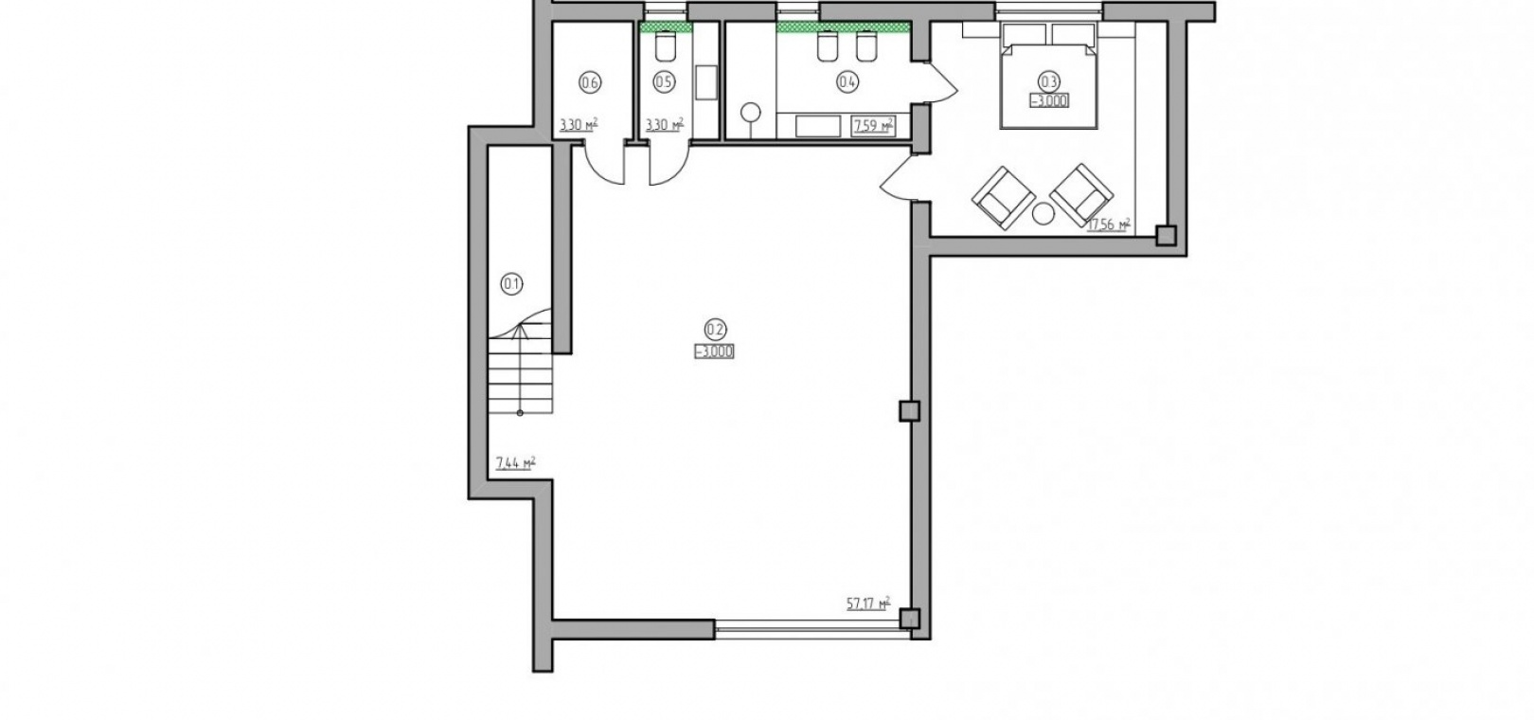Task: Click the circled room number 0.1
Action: [512, 283]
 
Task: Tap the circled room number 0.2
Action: [714, 330]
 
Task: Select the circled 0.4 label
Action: [847, 82]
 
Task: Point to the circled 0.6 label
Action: [590, 82]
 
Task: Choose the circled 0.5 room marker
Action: [664, 82]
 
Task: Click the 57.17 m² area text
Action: [868, 603]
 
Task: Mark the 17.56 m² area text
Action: [1108, 224]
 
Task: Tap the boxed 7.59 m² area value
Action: [872, 126]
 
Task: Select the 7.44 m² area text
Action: [515, 463]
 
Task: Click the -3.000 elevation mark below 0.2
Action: [714, 351]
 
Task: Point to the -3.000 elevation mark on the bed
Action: [1049, 100]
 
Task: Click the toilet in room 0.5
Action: [666, 45]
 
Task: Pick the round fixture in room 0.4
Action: [751, 113]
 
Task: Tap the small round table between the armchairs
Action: [1043, 214]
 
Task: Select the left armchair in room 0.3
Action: [1004, 198]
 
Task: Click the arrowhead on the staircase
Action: [521, 333]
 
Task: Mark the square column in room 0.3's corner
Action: [1166, 236]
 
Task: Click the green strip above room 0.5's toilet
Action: [666, 27]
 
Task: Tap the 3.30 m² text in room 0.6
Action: [579, 125]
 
